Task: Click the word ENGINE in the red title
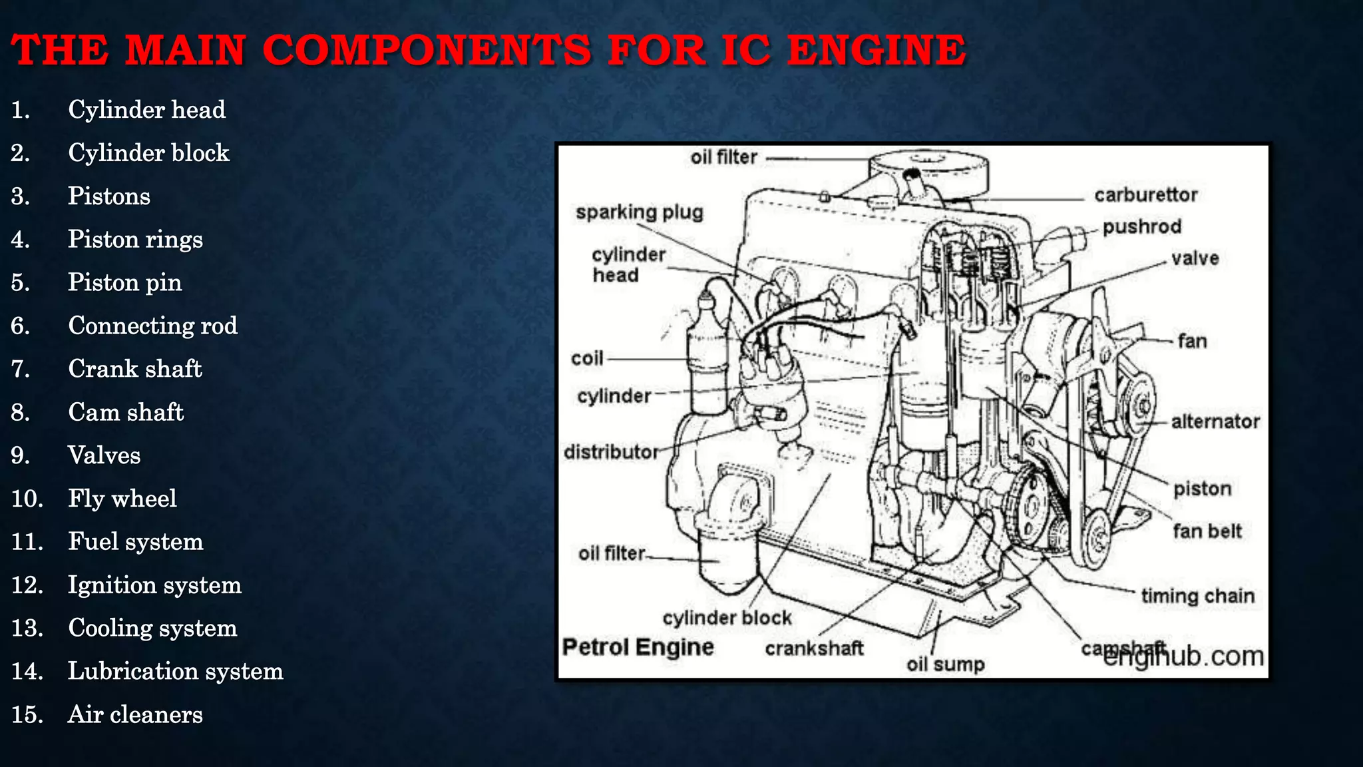pos(876,51)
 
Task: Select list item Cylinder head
pos(146,110)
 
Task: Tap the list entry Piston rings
pos(135,240)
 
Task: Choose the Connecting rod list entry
pos(152,326)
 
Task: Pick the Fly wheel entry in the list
pos(122,499)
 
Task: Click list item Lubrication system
pos(176,671)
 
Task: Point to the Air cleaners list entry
pos(135,714)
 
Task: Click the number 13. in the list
pos(27,628)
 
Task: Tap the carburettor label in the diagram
pos(1145,195)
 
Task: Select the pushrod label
pos(1141,227)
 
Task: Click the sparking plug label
pos(639,212)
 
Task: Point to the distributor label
pos(611,452)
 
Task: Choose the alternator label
pos(1215,421)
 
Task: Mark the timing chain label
pos(1197,596)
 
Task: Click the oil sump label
pos(945,664)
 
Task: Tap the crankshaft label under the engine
pos(814,648)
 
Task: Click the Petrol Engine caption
pos(638,647)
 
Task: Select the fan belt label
pos(1207,531)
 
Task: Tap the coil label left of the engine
pos(587,359)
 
